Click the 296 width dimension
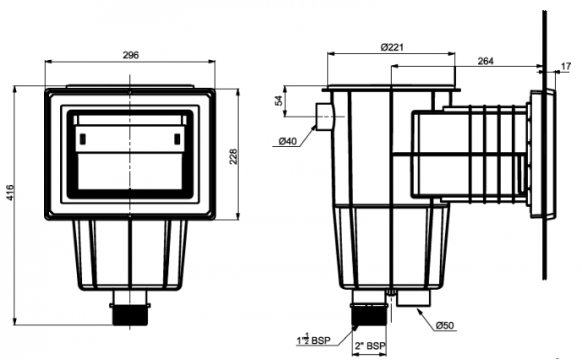click(x=130, y=55)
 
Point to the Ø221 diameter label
click(x=391, y=47)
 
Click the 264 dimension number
click(x=486, y=61)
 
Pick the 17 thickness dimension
click(x=565, y=67)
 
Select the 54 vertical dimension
click(x=280, y=101)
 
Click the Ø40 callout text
click(x=286, y=141)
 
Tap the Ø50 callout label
click(x=446, y=326)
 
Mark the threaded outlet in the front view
click(x=130, y=314)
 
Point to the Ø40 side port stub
click(x=324, y=115)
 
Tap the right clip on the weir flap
click(x=177, y=139)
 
